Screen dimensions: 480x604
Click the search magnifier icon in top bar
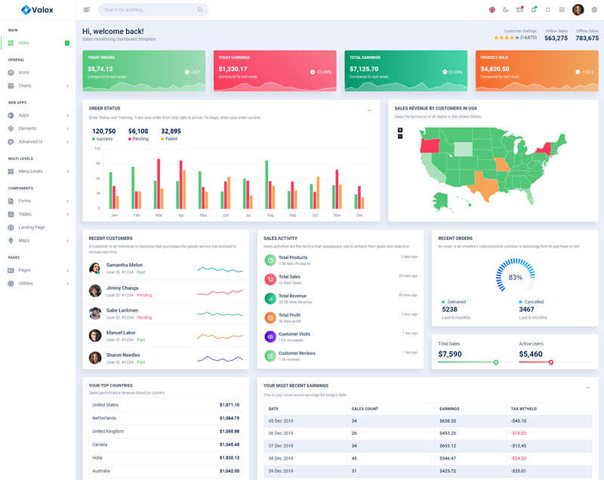pyautogui.click(x=200, y=10)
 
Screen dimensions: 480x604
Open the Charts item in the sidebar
pyautogui.click(x=25, y=85)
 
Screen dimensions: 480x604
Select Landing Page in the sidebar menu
pyautogui.click(x=32, y=227)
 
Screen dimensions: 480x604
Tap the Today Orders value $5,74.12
pyautogui.click(x=100, y=69)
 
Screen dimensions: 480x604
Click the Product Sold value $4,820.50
pyautogui.click(x=495, y=69)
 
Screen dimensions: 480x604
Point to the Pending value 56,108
pyautogui.click(x=138, y=131)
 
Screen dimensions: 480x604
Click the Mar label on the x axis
pyautogui.click(x=159, y=215)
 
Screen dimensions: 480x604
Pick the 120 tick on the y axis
pyautogui.click(x=97, y=149)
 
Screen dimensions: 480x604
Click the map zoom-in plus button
pyautogui.click(x=400, y=130)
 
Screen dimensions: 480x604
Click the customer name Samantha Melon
pyautogui.click(x=124, y=265)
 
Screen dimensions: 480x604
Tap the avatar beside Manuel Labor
pyautogui.click(x=95, y=335)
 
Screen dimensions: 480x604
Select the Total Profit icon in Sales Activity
pyautogui.click(x=270, y=318)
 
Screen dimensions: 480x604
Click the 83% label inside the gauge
pyautogui.click(x=516, y=278)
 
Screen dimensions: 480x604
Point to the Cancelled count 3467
pyautogui.click(x=526, y=309)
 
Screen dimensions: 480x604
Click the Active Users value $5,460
pyautogui.click(x=531, y=354)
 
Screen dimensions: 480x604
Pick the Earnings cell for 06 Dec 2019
pyautogui.click(x=448, y=432)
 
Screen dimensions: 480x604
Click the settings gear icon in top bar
pyautogui.click(x=594, y=10)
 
